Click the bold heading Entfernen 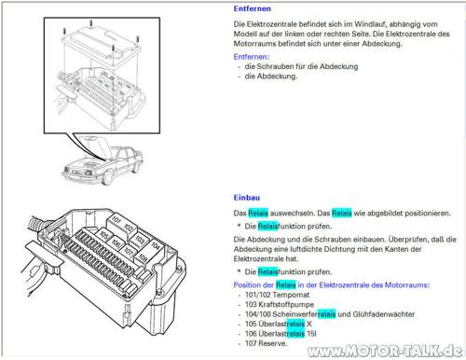click(x=252, y=8)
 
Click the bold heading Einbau click(x=247, y=198)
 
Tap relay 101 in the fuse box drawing click(x=116, y=220)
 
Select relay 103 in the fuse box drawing click(x=140, y=240)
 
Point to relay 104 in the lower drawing click(x=156, y=246)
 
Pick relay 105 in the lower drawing click(x=104, y=235)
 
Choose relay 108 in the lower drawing click(x=143, y=257)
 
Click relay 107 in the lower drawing click(x=129, y=250)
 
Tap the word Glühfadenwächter click(x=383, y=314)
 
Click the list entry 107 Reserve click(x=266, y=343)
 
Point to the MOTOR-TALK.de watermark click(x=385, y=351)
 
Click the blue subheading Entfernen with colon click(x=252, y=57)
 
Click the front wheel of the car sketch click(x=107, y=177)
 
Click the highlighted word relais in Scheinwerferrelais click(x=327, y=314)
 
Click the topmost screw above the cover click(x=91, y=23)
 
